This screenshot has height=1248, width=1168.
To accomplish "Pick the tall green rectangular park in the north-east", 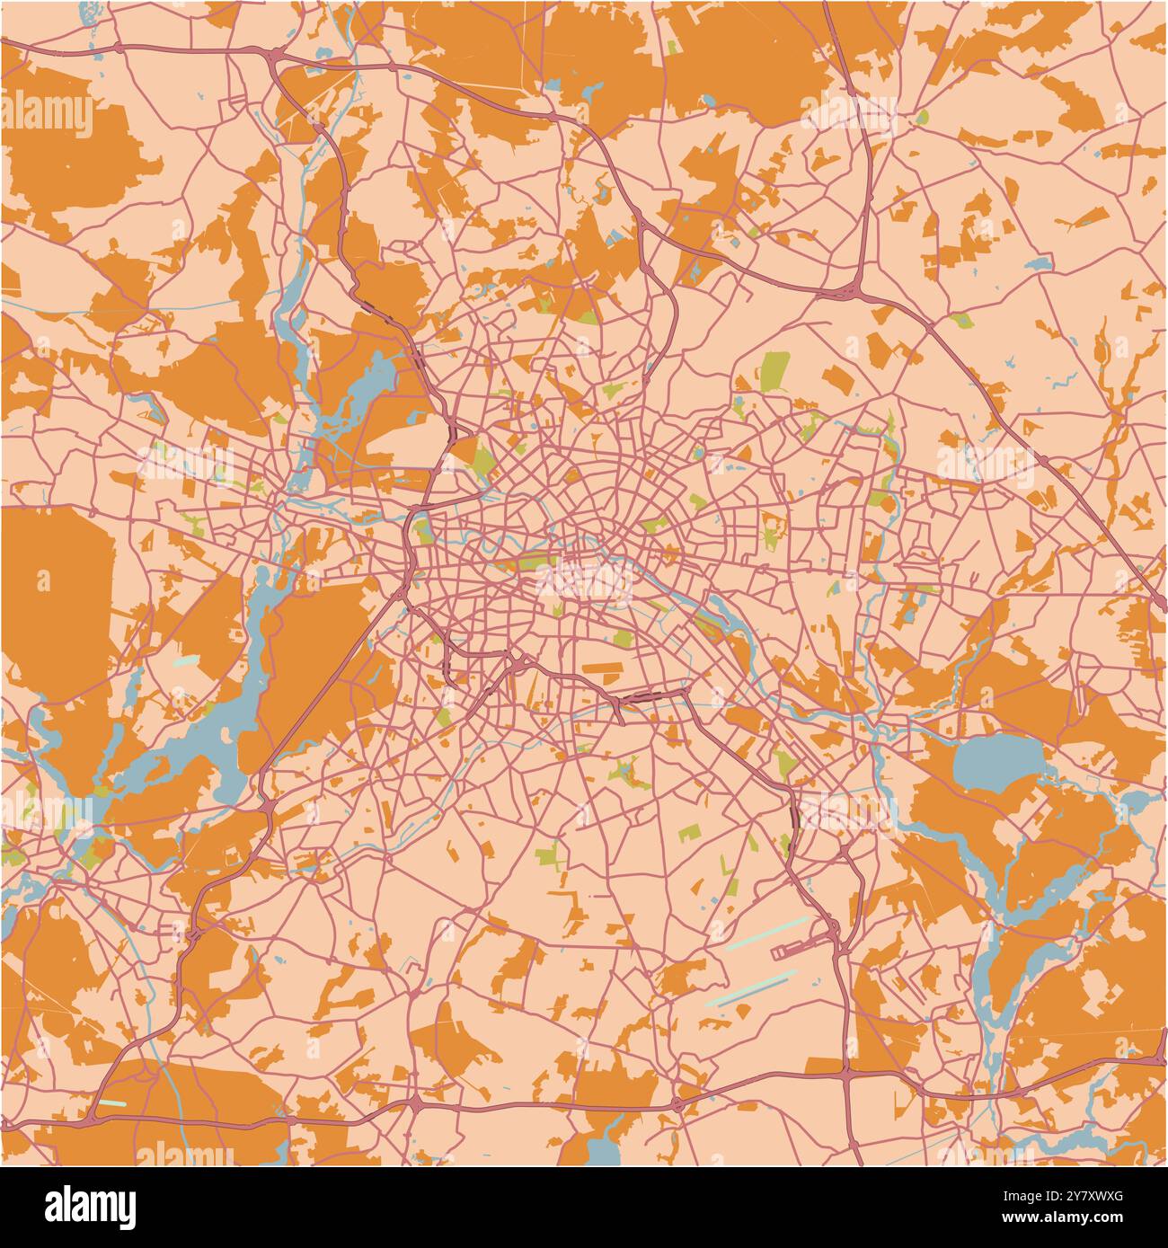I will pos(774,371).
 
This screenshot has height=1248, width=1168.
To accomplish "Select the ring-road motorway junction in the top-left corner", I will pos(273,60).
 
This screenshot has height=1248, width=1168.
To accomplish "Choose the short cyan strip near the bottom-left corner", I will pos(113,1102).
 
